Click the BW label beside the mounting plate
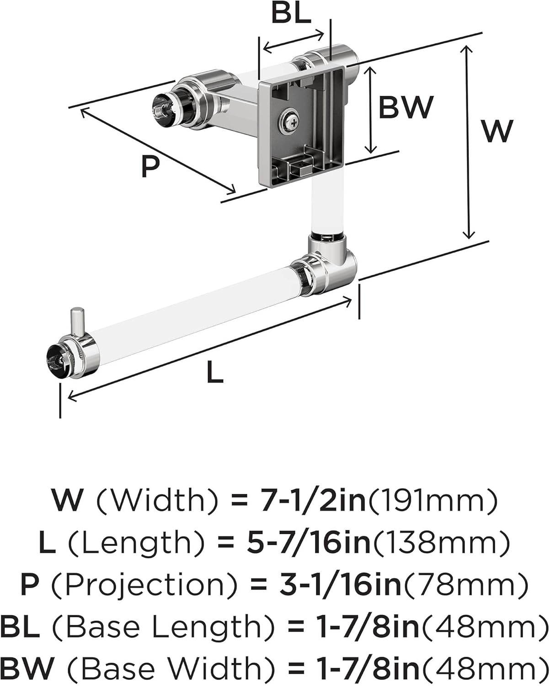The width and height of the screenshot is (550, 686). (406, 107)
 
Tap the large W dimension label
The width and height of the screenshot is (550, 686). (497, 131)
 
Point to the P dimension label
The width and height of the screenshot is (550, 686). (150, 166)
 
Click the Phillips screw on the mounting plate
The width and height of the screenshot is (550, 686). (289, 121)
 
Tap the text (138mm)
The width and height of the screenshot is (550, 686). (440, 542)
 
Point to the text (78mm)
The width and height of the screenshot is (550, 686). (465, 584)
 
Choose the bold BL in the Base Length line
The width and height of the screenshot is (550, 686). (20, 627)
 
